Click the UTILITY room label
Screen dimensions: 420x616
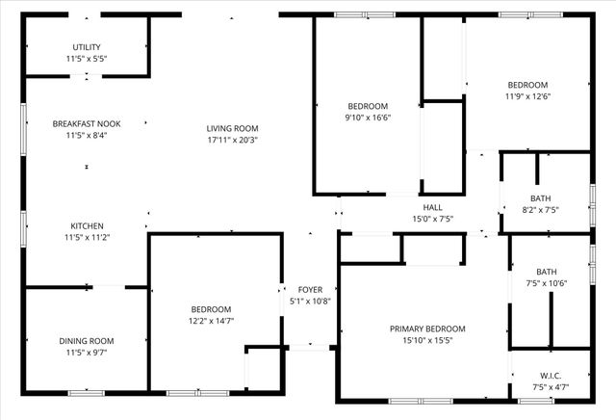(x=87, y=47)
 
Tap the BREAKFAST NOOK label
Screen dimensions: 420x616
(x=87, y=123)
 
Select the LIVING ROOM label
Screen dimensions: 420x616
(x=233, y=128)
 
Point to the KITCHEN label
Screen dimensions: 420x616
(x=87, y=225)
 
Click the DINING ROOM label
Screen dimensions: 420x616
(x=87, y=341)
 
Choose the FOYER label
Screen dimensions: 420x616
(x=310, y=289)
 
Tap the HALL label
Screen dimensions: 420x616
(x=432, y=207)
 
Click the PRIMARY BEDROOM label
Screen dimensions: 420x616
(x=427, y=328)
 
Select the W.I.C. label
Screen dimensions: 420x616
(x=551, y=376)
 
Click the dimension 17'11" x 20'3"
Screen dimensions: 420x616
(x=233, y=140)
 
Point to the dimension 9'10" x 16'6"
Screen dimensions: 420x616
(x=368, y=118)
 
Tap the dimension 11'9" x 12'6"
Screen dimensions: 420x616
(x=526, y=96)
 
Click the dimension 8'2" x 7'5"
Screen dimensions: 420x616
(x=540, y=210)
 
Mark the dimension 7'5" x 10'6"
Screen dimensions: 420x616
(x=547, y=283)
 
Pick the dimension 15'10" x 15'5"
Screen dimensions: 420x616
(x=427, y=340)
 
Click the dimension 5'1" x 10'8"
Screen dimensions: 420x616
(x=310, y=301)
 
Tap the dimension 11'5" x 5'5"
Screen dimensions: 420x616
(x=87, y=59)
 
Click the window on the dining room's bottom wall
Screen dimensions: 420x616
(x=87, y=393)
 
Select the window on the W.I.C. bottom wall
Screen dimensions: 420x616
(x=535, y=400)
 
